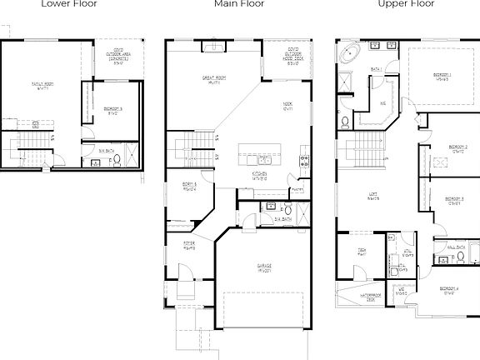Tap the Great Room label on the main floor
click(216, 81)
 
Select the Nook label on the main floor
click(288, 107)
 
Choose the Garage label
click(263, 268)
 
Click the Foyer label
click(190, 245)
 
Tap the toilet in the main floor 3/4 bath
click(288, 209)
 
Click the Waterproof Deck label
click(371, 297)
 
